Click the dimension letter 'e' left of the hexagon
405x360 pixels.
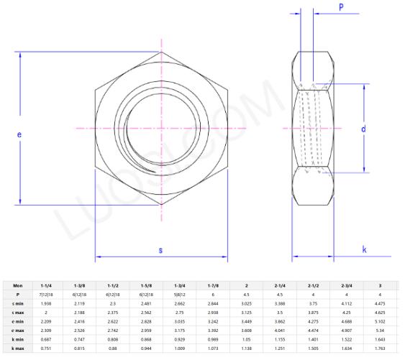click(x=19, y=134)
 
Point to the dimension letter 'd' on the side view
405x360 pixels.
click(x=364, y=129)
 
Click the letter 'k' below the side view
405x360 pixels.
click(x=364, y=249)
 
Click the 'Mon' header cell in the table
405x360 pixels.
click(x=18, y=285)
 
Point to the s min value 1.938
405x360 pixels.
click(x=46, y=303)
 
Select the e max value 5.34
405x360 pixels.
click(x=380, y=331)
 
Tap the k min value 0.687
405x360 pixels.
click(x=46, y=339)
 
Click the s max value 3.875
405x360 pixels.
click(x=312, y=312)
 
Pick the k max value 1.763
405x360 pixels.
click(x=380, y=349)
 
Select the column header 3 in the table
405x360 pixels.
click(x=380, y=285)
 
